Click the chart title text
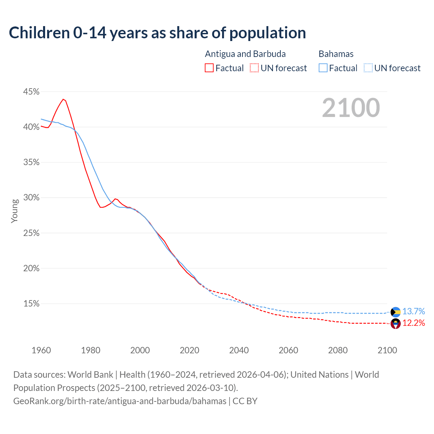(x=157, y=33)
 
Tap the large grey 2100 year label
(x=351, y=108)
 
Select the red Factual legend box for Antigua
(x=209, y=68)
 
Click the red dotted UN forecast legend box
(x=254, y=68)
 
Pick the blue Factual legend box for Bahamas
(x=323, y=68)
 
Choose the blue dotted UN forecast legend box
(x=368, y=68)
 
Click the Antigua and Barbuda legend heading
(x=245, y=54)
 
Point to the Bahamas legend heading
(x=336, y=54)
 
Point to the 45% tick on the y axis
(x=31, y=92)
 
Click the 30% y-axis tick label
(x=31, y=198)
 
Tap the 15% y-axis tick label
(x=31, y=304)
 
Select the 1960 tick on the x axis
(x=41, y=350)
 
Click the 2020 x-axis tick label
(x=189, y=350)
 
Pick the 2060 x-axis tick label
(x=288, y=350)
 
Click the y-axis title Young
(x=15, y=211)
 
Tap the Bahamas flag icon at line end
(x=396, y=312)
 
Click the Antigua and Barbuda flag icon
(x=396, y=323)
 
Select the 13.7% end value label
(x=414, y=312)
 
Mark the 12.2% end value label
(x=414, y=323)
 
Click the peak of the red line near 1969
(x=63, y=99)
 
